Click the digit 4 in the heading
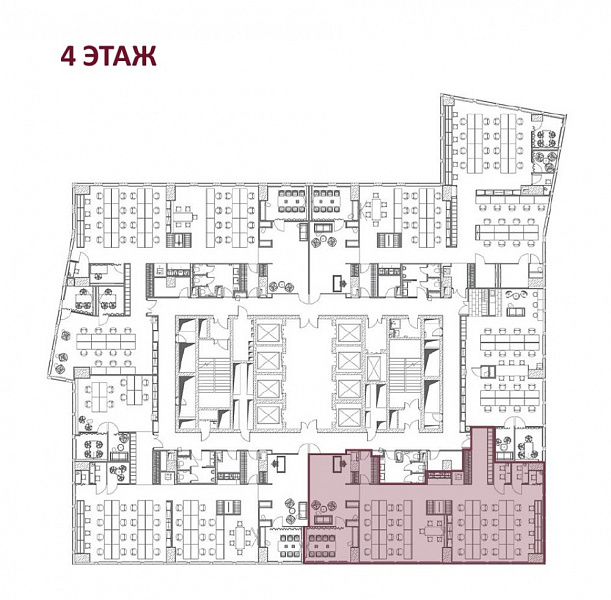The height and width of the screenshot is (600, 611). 68,56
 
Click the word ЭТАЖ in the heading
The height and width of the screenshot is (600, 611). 120,56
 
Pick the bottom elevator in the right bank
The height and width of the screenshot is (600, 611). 350,418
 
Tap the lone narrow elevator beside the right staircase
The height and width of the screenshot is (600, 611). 373,367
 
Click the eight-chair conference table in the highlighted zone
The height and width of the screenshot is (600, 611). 322,546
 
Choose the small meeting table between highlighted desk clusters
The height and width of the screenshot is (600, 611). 431,530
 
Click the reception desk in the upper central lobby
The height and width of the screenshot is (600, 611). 339,283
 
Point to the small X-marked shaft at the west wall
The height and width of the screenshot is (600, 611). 70,282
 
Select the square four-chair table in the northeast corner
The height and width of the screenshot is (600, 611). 545,136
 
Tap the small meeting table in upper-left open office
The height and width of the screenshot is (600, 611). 183,216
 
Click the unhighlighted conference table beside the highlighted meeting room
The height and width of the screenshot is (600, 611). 288,546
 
